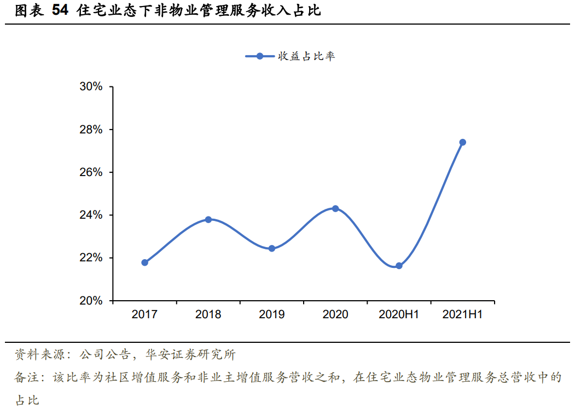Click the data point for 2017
[x=144, y=262]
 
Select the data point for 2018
[x=208, y=219]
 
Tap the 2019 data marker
[x=271, y=248]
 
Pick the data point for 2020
[x=335, y=208]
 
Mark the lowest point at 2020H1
[x=399, y=266]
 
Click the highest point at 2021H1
[x=462, y=142]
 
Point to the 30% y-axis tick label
[x=91, y=87]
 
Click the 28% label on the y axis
[x=91, y=130]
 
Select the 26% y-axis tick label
[x=91, y=172]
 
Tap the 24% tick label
[x=91, y=215]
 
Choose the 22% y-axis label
[x=91, y=258]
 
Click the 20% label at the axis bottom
[x=91, y=301]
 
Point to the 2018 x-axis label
[x=208, y=314]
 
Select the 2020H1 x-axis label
[x=399, y=314]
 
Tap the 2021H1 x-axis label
[x=462, y=314]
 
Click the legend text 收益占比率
[x=306, y=56]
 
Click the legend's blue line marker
[x=260, y=56]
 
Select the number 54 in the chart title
[x=61, y=11]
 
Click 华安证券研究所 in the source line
[x=190, y=355]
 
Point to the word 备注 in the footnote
[x=26, y=378]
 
